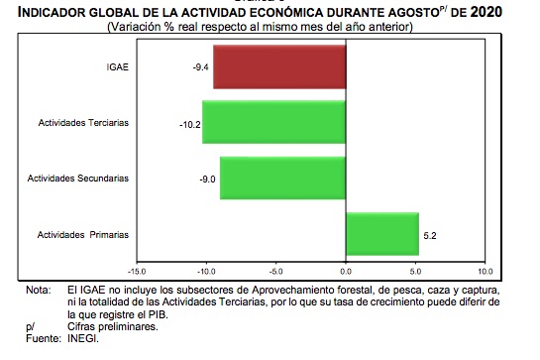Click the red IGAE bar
pos(279,67)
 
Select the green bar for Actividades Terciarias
pos(274,123)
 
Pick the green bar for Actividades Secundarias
pos(282,179)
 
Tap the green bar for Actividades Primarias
pos(381,234)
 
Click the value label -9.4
pos(200,67)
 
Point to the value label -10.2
pos(188,124)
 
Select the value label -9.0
pos(207,180)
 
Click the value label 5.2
pos(429,235)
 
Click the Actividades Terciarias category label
pos(84,124)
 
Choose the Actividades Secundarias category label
pos(81,180)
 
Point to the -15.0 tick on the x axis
pos(137,269)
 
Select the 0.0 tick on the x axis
pos(346,269)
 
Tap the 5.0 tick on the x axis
pos(415,269)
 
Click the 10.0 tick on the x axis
pos(485,269)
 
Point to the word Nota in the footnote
pos(38,291)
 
